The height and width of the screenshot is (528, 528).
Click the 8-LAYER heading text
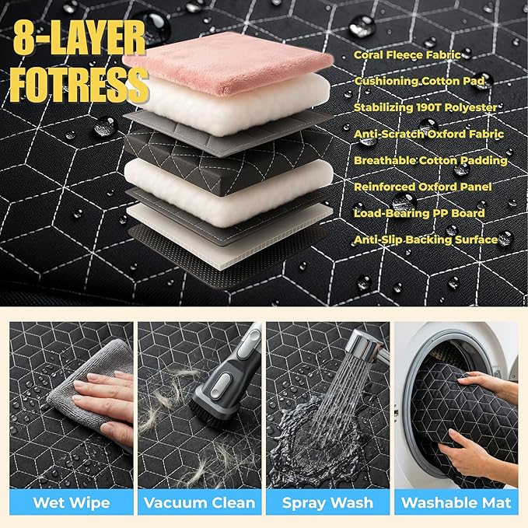[79, 37]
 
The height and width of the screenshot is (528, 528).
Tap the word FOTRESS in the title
[79, 85]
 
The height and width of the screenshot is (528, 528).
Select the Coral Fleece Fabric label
[407, 55]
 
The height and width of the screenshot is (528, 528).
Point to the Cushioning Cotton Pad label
[419, 81]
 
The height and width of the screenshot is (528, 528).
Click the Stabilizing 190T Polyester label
[425, 107]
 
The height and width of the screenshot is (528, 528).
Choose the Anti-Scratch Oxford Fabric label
[428, 134]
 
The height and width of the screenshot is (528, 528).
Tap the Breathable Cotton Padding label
[431, 161]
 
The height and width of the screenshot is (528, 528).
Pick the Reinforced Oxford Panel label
[422, 187]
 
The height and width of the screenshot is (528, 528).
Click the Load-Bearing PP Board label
[419, 213]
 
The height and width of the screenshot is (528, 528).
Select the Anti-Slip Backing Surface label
[425, 240]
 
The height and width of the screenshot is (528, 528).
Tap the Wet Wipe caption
[72, 503]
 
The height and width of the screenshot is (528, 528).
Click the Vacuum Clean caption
[200, 503]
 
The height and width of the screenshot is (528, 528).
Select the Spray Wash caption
[327, 503]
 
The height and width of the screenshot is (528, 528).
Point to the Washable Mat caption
[456, 503]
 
